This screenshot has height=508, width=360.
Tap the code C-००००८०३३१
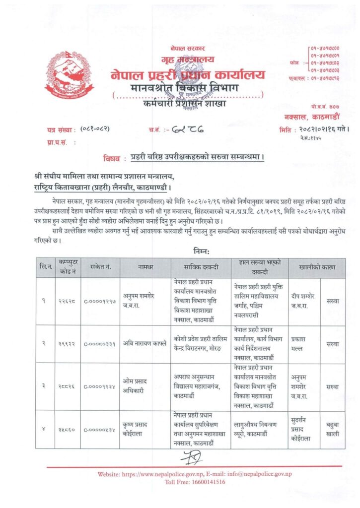point(100,343)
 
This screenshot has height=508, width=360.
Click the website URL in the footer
point(169,474)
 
